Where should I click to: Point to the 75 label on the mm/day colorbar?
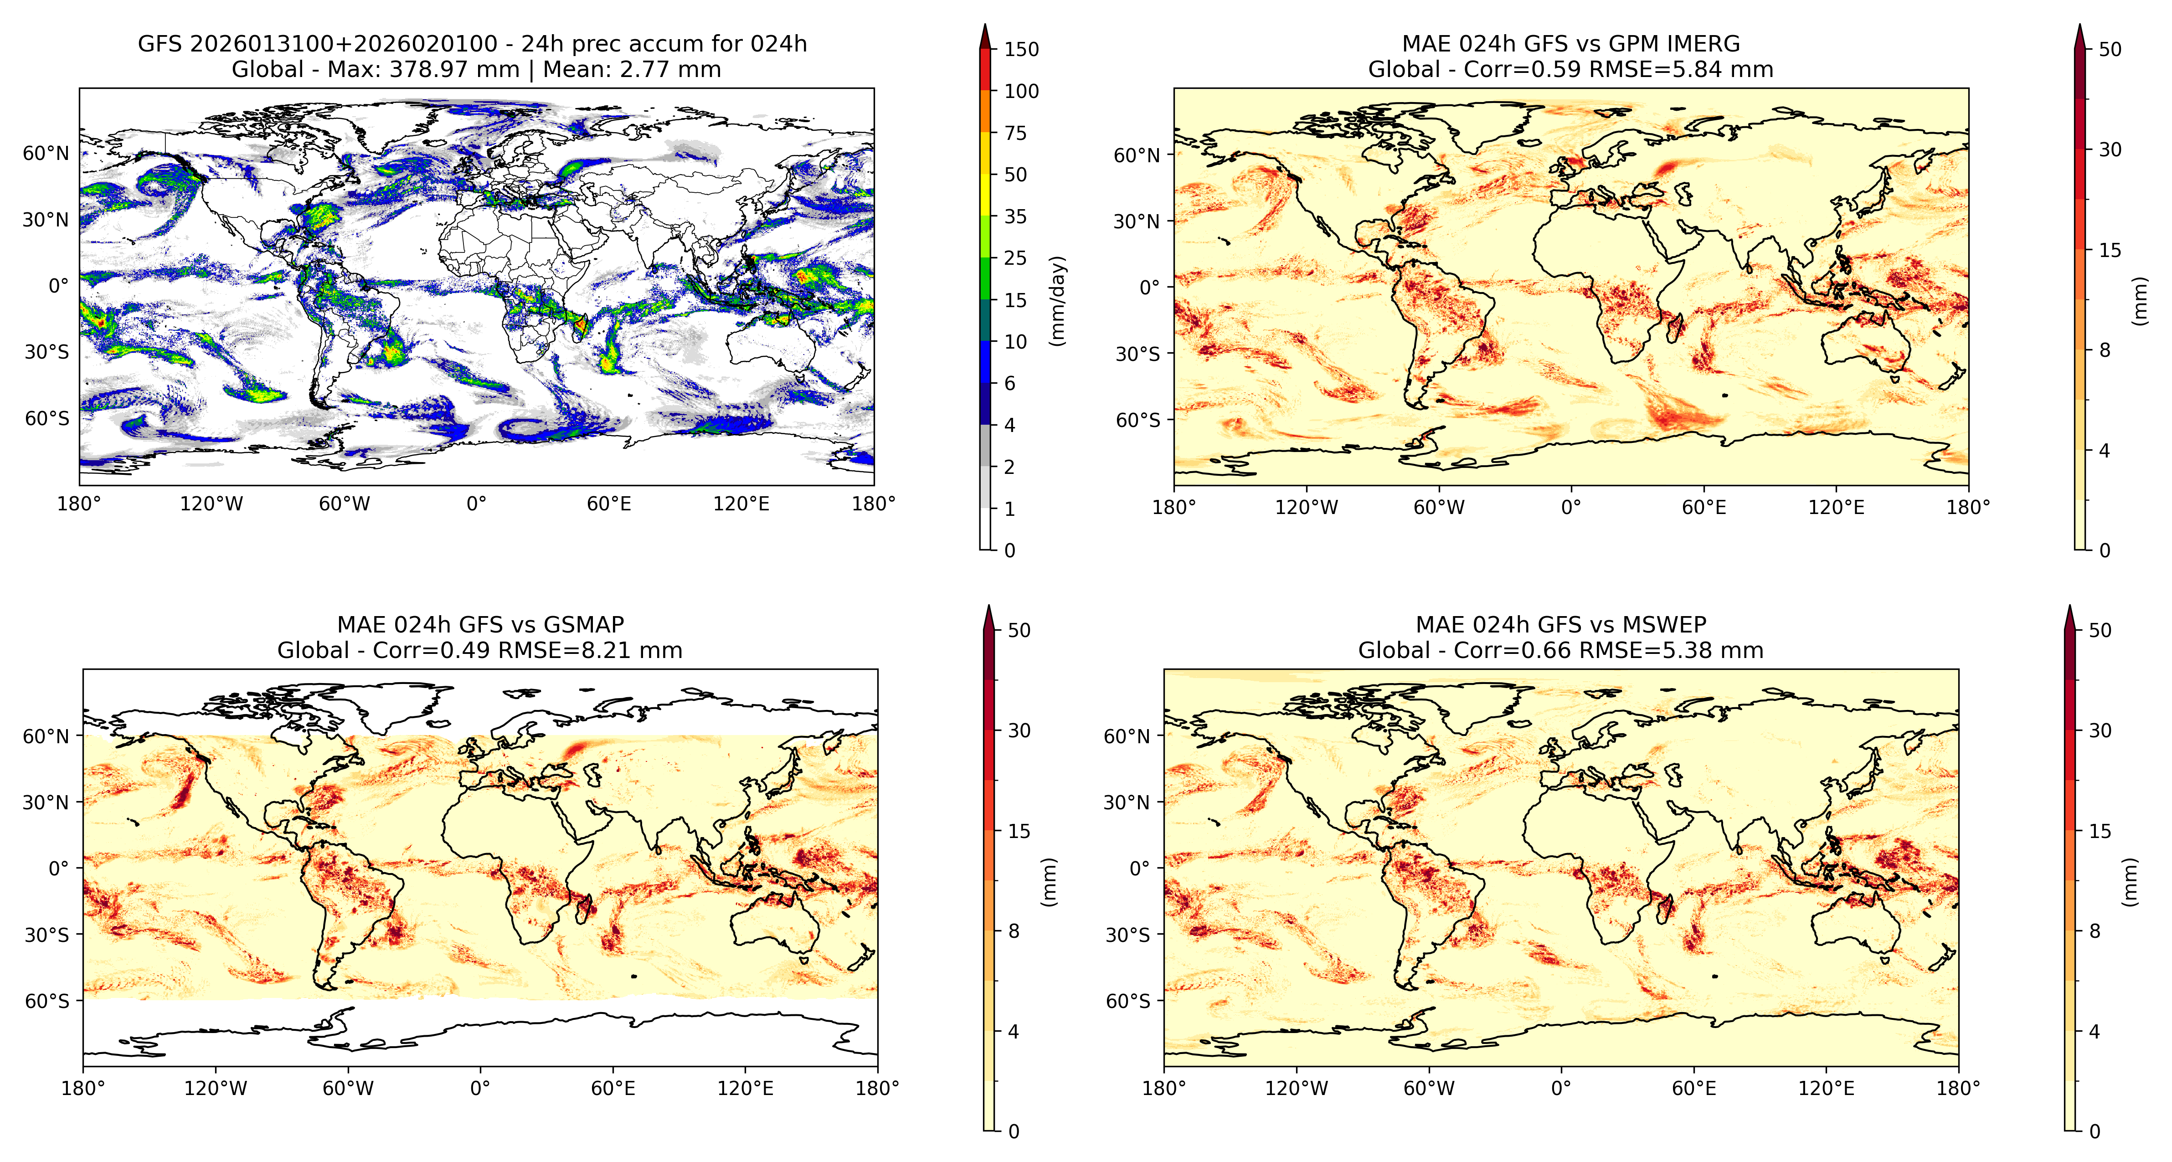tap(1015, 133)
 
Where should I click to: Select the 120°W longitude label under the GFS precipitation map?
tap(211, 504)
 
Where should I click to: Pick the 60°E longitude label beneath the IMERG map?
tap(1704, 508)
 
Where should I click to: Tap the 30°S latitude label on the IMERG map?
tap(1138, 354)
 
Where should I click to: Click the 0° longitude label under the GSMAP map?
tap(480, 1089)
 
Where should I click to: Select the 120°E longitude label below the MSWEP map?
tap(1826, 1089)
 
